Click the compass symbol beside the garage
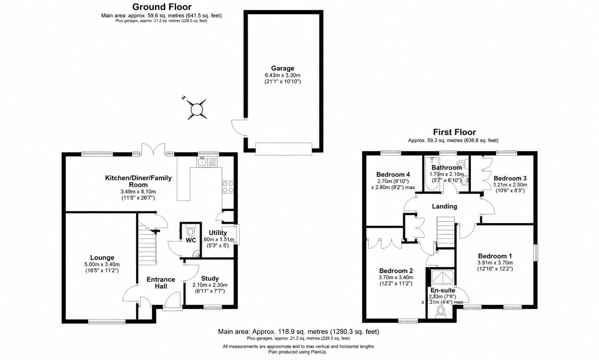(197, 109)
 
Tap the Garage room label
(282, 68)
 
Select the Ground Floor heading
(162, 7)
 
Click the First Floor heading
(454, 132)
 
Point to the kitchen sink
(207, 162)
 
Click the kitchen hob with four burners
(228, 187)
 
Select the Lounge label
(102, 257)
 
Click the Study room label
(210, 279)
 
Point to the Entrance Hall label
(161, 283)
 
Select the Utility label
(218, 233)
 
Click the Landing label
(444, 206)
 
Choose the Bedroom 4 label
(393, 174)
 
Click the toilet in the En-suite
(441, 312)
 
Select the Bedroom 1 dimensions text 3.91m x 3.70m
(495, 263)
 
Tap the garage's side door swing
(238, 127)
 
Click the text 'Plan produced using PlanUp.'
(298, 352)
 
